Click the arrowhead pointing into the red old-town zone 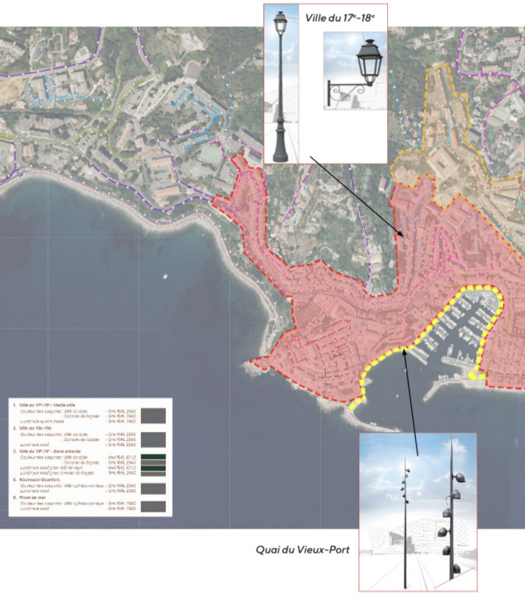[403, 237]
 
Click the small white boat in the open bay [165, 276]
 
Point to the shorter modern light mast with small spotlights [405, 514]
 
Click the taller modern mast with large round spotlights [450, 514]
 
